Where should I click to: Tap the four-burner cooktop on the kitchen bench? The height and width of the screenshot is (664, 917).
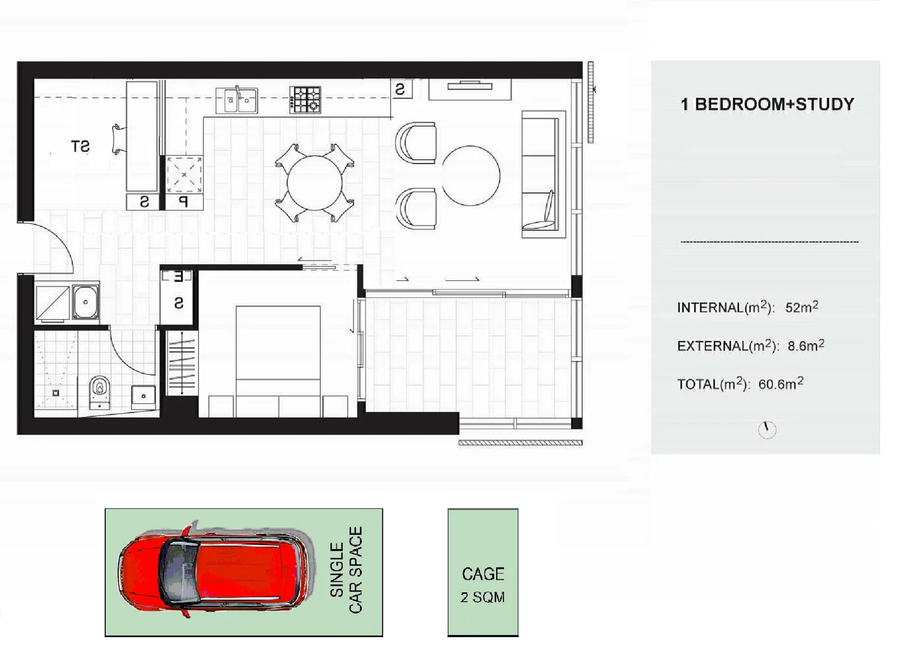[305, 100]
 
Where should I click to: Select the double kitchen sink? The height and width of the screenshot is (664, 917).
[237, 100]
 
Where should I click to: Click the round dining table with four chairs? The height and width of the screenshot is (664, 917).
[314, 183]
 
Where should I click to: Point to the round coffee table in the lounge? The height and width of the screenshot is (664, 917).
[471, 175]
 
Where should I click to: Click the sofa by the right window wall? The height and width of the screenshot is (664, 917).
[543, 174]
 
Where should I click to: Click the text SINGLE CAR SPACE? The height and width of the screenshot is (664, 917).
[346, 570]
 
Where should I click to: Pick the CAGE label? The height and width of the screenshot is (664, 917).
[483, 574]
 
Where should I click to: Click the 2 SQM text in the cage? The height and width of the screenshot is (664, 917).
[483, 597]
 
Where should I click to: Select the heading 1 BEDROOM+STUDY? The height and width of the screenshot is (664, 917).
[767, 105]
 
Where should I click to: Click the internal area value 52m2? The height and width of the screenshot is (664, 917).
[801, 307]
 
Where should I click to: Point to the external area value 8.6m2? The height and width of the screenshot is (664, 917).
[806, 346]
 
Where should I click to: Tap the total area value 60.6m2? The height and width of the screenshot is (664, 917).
[780, 384]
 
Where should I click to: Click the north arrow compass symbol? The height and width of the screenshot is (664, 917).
[767, 429]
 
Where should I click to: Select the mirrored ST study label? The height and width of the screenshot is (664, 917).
[80, 146]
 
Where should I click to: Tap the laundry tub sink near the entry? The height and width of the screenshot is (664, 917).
[86, 301]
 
